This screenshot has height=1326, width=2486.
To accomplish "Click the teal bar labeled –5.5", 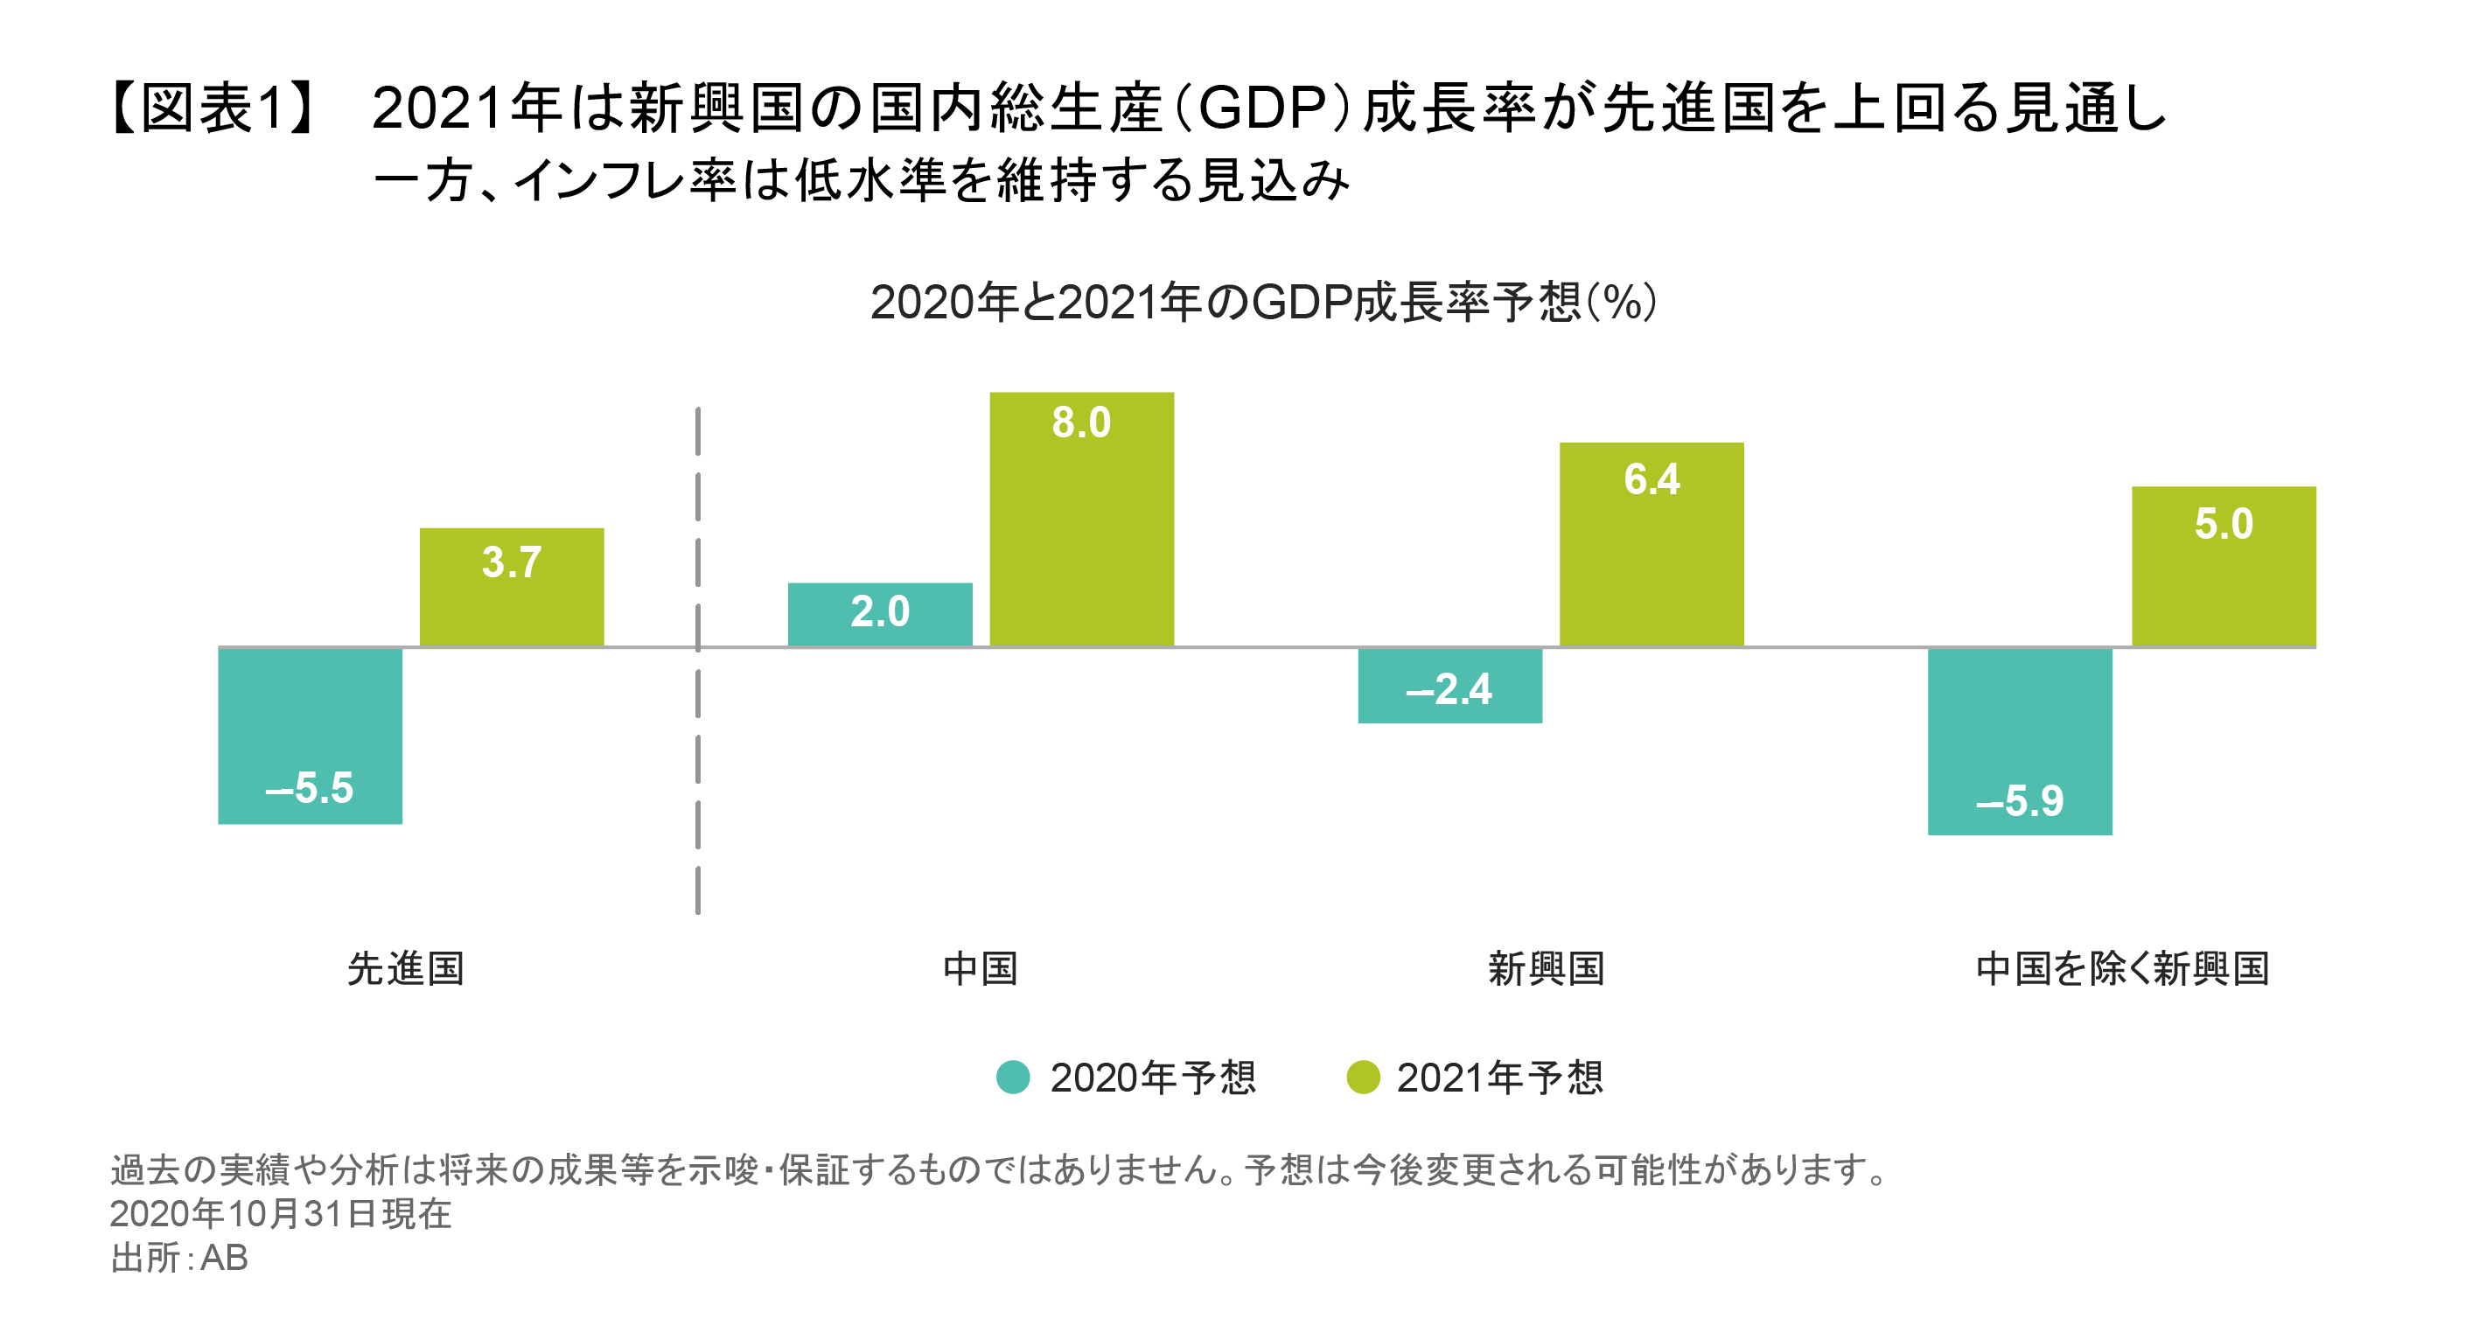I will click(x=310, y=736).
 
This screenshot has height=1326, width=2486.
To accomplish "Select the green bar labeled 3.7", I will click(x=512, y=587).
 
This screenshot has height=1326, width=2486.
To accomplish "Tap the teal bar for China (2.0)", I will click(x=879, y=614).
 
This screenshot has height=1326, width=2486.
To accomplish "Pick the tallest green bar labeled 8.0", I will click(x=1081, y=520).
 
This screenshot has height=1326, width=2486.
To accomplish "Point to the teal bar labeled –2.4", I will click(x=1449, y=685).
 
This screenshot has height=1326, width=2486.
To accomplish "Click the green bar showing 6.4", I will click(x=1652, y=544).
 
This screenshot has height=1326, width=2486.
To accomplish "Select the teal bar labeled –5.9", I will click(x=2020, y=741).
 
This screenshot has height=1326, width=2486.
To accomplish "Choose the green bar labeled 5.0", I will click(x=2223, y=567).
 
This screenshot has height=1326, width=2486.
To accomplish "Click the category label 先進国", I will click(x=405, y=968).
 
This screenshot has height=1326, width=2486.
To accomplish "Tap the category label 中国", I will click(x=980, y=968).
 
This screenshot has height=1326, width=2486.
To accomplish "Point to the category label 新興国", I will click(x=1546, y=968).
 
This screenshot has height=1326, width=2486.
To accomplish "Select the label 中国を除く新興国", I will click(x=2122, y=968).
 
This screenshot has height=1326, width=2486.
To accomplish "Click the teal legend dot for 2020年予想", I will click(x=1012, y=1077).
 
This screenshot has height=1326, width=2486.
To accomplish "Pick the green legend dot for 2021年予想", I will click(x=1363, y=1077).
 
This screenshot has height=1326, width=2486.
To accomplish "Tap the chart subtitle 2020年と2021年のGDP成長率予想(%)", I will click(x=1262, y=303).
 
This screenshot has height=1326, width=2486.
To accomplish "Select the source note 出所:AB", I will click(x=179, y=1258).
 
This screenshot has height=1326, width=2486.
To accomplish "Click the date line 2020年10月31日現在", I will click(x=280, y=1213).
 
